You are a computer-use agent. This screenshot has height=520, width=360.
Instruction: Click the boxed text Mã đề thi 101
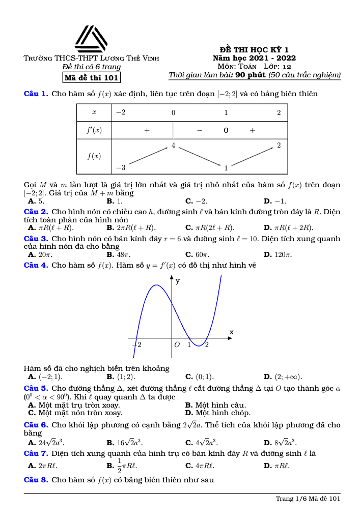point(91,78)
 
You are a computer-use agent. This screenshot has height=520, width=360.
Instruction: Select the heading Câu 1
point(36,94)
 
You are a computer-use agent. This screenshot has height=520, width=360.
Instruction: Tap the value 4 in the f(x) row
point(174,146)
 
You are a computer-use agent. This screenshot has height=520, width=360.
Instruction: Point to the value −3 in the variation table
point(121,167)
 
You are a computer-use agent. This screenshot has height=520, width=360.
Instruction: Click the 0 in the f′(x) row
point(226,130)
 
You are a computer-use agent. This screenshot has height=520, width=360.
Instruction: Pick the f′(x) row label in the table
point(94,130)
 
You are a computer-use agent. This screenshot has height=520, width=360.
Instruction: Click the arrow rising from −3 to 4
point(148,156)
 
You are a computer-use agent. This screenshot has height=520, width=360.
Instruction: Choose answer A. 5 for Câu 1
point(37,201)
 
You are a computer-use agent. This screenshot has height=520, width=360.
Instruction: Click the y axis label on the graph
point(178,280)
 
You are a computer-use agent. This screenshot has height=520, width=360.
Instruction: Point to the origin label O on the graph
point(177,345)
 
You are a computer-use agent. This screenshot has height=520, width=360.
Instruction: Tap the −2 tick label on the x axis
point(136,345)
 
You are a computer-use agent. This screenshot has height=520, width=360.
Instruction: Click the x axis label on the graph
point(231,332)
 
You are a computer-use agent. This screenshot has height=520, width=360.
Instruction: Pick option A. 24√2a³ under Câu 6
point(46,442)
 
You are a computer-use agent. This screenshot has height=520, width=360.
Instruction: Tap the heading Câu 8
point(36,480)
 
